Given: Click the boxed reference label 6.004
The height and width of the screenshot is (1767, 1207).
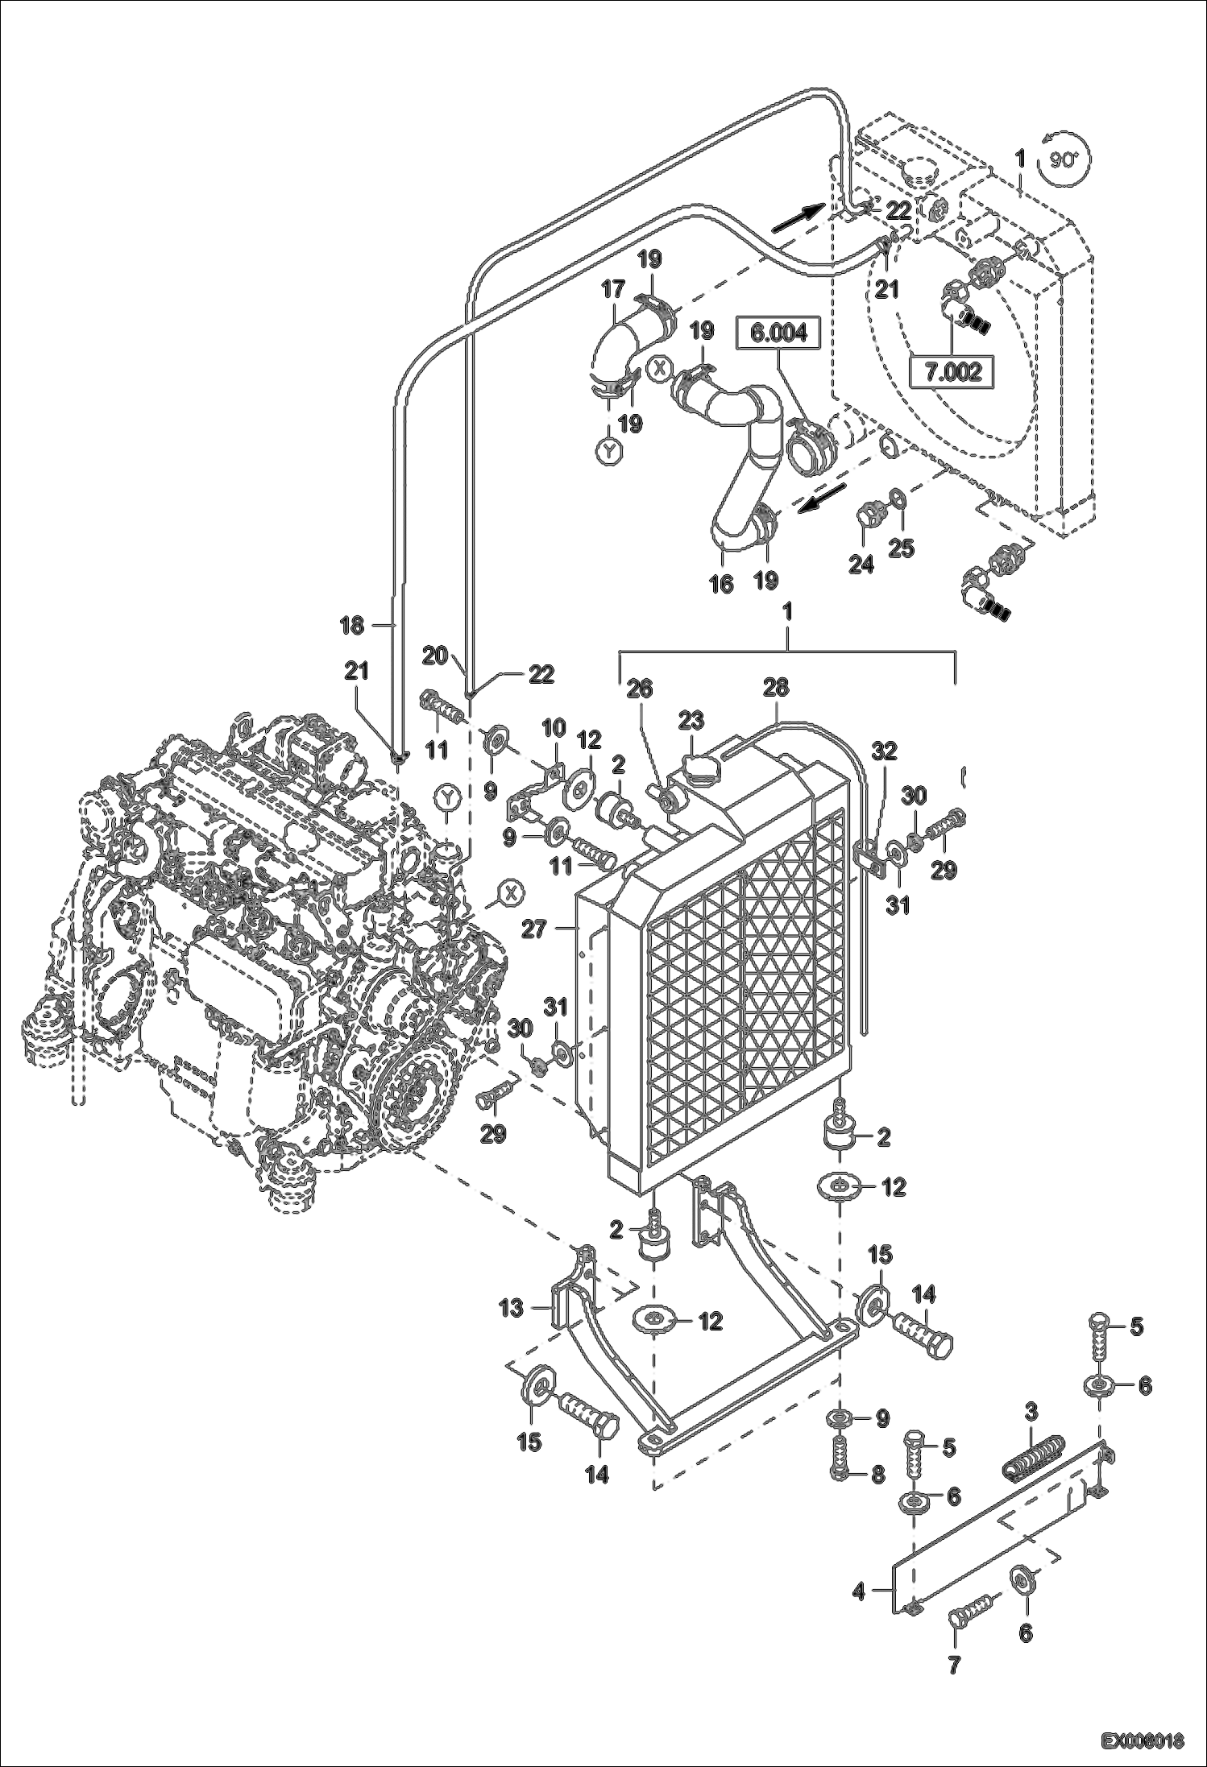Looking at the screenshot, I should [778, 332].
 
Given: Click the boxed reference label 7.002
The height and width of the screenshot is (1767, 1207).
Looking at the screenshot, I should [952, 372].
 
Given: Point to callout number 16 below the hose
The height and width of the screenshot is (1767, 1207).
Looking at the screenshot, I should [721, 584].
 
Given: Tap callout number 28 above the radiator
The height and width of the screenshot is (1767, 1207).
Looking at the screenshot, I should [777, 687].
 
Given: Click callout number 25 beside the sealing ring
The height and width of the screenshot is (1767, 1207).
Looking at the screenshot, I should [901, 548].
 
